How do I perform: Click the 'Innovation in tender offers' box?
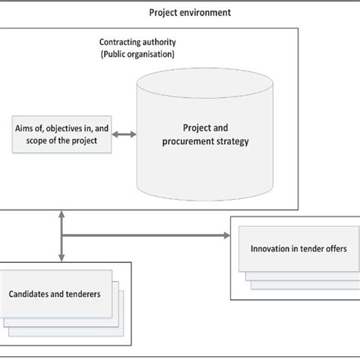pos(294,249)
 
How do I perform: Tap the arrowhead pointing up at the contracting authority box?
pos(61,216)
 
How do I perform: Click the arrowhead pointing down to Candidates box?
pos(61,256)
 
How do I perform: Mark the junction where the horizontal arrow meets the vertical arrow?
pos(61,235)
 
